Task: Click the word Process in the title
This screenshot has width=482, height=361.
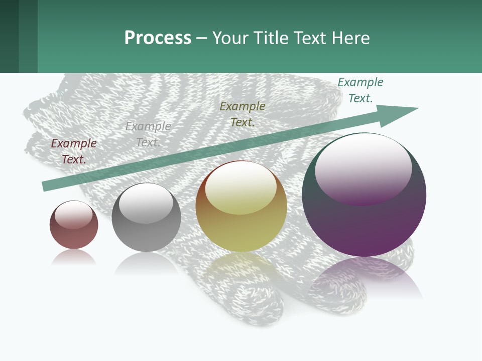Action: pyautogui.click(x=158, y=38)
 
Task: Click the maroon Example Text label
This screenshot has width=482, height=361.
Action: pyautogui.click(x=74, y=151)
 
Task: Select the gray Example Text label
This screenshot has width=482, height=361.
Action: pyautogui.click(x=148, y=134)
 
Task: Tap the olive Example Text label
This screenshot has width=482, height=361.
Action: pyautogui.click(x=243, y=114)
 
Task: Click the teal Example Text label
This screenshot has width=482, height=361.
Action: pyautogui.click(x=360, y=90)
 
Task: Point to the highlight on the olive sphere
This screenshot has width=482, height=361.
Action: pyautogui.click(x=240, y=187)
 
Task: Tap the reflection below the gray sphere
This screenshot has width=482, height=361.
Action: pyautogui.click(x=146, y=263)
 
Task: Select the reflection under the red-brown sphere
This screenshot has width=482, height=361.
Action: pyautogui.click(x=74, y=257)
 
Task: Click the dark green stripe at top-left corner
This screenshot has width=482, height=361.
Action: pyautogui.click(x=9, y=36)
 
